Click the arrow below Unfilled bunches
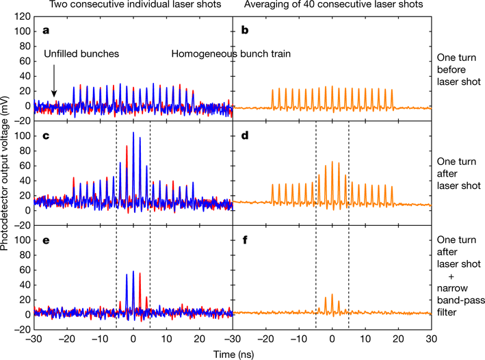tap(54, 90)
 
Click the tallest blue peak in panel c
tap(133, 133)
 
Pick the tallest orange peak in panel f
tap(332, 295)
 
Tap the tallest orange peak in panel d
tap(332, 162)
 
